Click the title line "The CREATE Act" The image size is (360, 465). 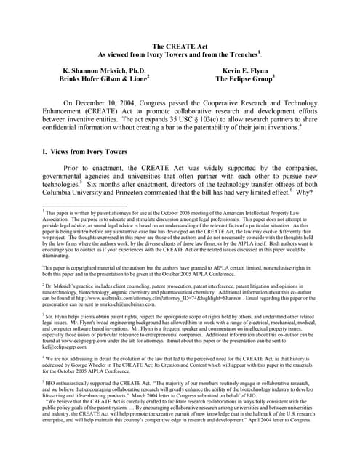(179, 46)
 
